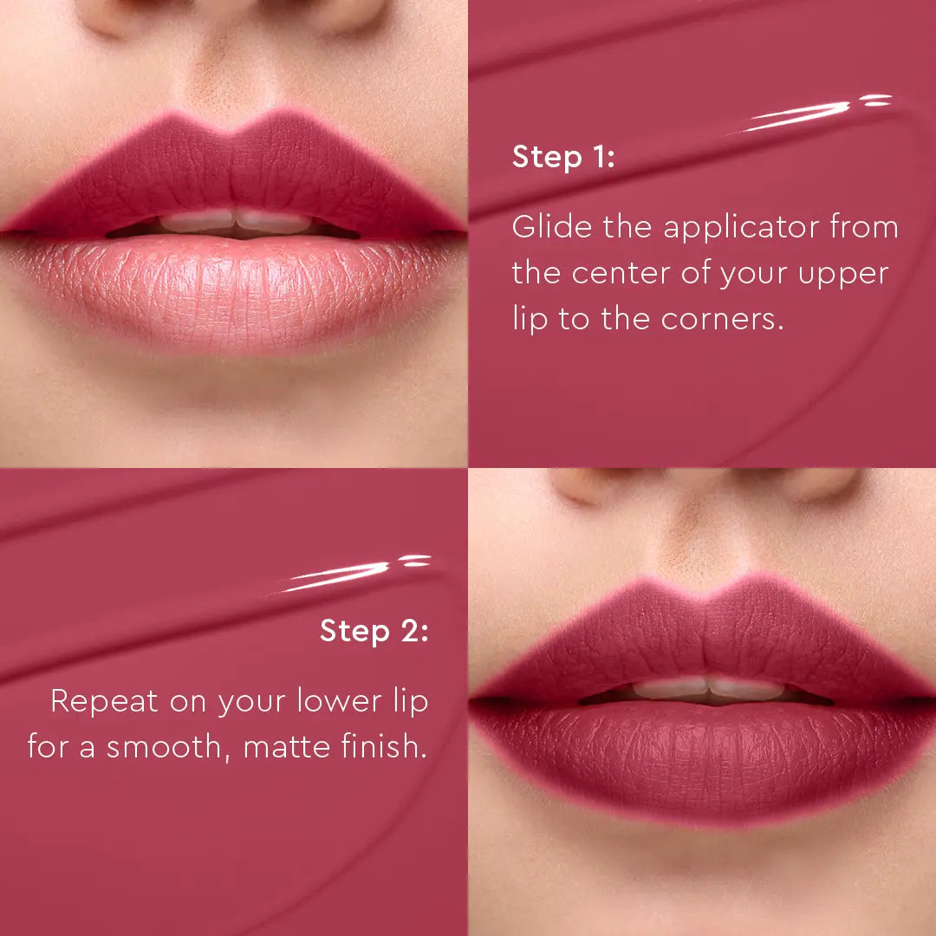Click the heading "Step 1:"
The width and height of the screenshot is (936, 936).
coord(562,157)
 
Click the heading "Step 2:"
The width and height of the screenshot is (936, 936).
coord(374,631)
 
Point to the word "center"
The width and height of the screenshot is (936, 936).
coord(622,273)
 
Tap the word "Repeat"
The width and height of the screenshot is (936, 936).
coord(103,701)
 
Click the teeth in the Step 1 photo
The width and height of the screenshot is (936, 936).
coord(234,222)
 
